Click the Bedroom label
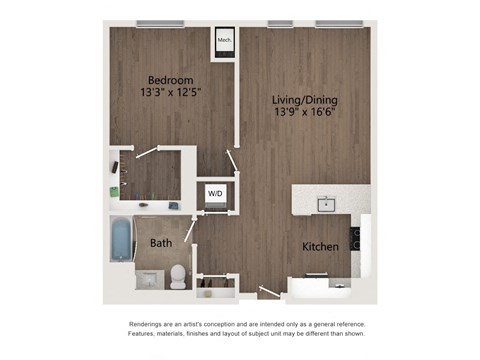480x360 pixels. (x=170, y=80)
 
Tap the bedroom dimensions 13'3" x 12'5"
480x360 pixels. (x=170, y=95)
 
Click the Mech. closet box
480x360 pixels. (x=225, y=41)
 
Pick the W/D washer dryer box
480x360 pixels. (x=215, y=193)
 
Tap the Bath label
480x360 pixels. (x=160, y=243)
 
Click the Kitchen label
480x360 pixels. (x=319, y=246)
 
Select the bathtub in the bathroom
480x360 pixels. (x=121, y=240)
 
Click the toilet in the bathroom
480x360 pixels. (x=178, y=274)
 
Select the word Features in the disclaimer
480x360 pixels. (x=148, y=337)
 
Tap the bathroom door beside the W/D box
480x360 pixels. (x=191, y=228)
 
